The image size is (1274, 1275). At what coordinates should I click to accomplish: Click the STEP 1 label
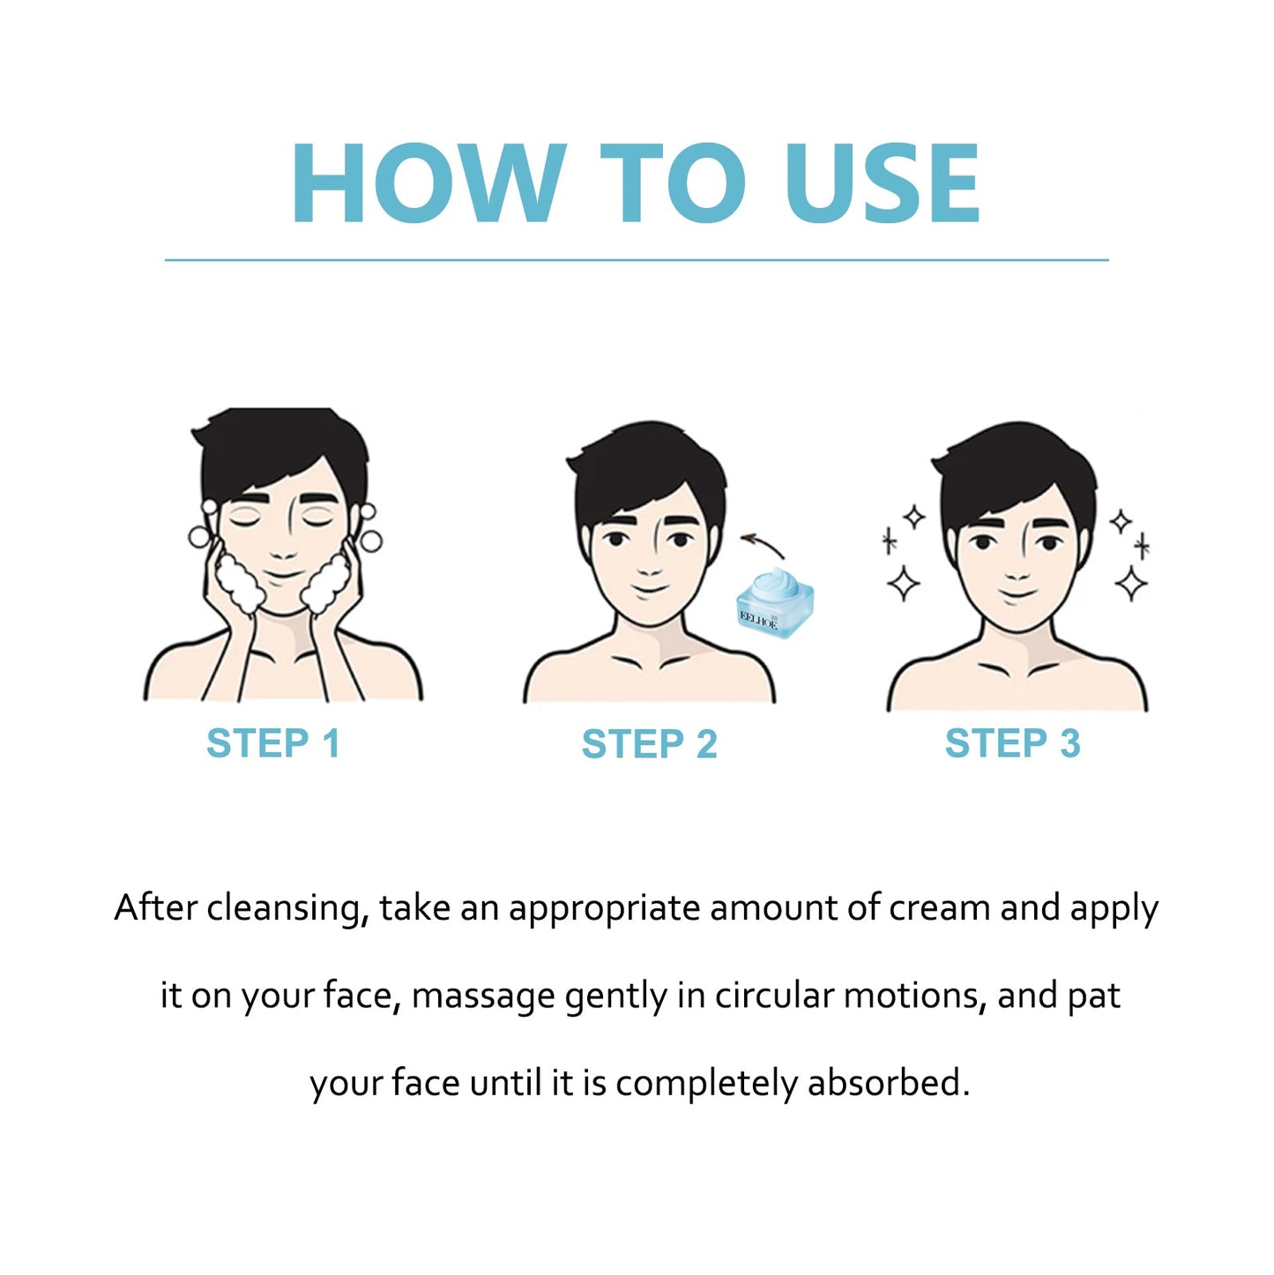(x=273, y=743)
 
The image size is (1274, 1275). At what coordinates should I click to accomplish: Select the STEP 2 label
(x=649, y=743)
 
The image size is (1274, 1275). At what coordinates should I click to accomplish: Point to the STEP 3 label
(x=1012, y=743)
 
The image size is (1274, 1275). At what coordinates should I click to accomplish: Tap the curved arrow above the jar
(x=763, y=544)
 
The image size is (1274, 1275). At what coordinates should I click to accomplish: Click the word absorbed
(x=888, y=1083)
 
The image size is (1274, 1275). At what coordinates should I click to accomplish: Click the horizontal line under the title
(x=637, y=260)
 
